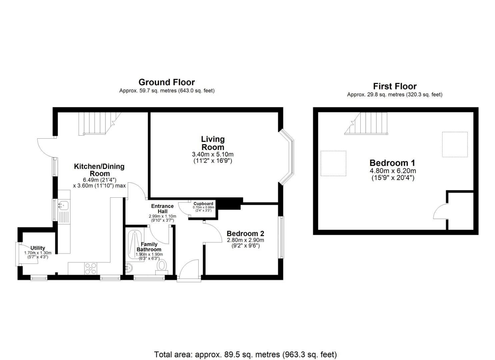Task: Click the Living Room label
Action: point(213,143)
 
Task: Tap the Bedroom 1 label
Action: point(392,163)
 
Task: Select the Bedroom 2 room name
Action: point(245,234)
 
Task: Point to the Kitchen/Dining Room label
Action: point(99,170)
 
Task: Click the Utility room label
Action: point(38,248)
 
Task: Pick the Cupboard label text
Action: point(203,204)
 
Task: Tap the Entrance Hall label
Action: point(162,209)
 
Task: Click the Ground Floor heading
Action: point(167,82)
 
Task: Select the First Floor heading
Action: point(395,86)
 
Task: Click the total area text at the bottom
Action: point(245,354)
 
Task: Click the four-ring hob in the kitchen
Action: point(91,268)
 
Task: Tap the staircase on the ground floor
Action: point(97,123)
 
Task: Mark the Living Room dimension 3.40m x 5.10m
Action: point(213,154)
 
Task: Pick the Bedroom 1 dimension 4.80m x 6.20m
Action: point(393,171)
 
